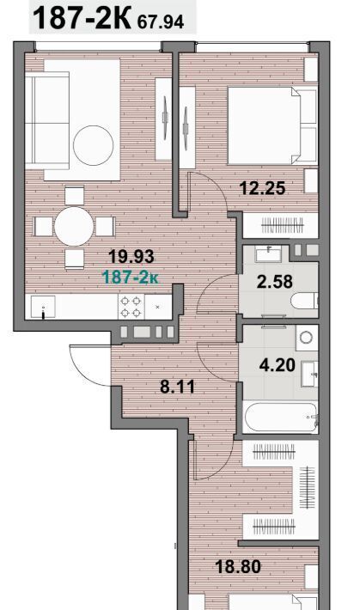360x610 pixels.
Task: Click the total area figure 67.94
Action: click(x=161, y=22)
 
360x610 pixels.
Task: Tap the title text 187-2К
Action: click(x=82, y=18)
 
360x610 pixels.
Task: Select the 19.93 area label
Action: click(x=131, y=257)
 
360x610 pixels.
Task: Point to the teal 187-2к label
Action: click(x=130, y=278)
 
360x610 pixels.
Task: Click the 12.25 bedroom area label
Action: click(x=263, y=189)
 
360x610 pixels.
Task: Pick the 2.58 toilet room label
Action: click(x=275, y=281)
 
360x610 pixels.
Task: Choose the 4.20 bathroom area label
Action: click(x=278, y=365)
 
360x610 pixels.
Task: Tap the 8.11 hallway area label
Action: click(x=178, y=387)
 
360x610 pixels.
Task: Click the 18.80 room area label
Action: click(x=238, y=567)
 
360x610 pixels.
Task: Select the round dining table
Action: click(x=74, y=227)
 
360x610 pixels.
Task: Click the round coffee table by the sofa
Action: click(x=94, y=145)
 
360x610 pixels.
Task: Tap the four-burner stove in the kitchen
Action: click(x=131, y=307)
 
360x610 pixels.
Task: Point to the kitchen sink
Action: click(x=43, y=307)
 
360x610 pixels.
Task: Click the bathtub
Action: click(x=280, y=417)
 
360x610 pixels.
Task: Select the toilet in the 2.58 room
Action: click(x=304, y=301)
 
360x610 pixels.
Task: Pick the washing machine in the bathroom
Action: click(x=306, y=338)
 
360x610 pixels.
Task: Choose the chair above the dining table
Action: click(x=75, y=196)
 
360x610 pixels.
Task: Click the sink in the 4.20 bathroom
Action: click(x=310, y=374)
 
